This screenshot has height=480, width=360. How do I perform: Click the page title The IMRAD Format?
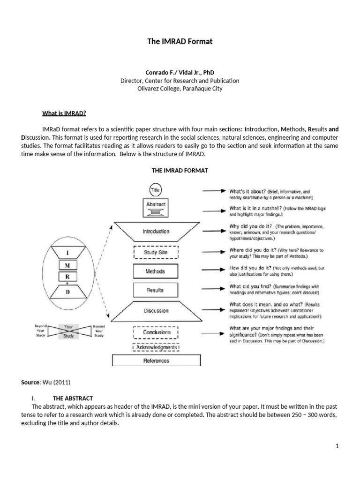click(x=180, y=42)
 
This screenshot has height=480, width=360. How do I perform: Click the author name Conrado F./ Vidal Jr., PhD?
click(x=180, y=73)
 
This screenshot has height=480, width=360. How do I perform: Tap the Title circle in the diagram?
click(x=156, y=190)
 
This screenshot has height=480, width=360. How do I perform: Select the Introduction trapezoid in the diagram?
click(x=156, y=231)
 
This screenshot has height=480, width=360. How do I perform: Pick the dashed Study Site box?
click(x=156, y=252)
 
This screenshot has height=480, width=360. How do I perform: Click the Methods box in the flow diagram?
click(x=156, y=271)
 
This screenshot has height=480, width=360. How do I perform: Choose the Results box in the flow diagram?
click(x=156, y=290)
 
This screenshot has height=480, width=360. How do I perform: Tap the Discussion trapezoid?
click(x=156, y=311)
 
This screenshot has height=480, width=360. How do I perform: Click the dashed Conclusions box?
click(x=156, y=332)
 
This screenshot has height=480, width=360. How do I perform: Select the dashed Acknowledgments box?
click(x=156, y=347)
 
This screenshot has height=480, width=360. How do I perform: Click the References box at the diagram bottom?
click(x=156, y=360)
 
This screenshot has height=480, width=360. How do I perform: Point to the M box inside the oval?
click(x=67, y=265)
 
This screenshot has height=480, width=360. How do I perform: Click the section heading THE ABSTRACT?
click(x=73, y=398)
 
